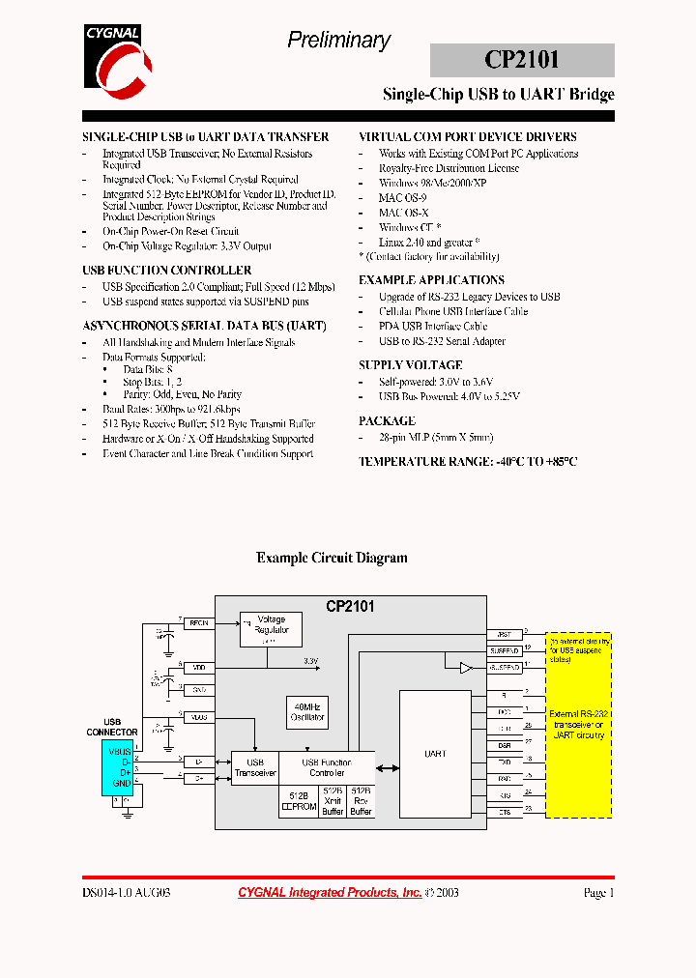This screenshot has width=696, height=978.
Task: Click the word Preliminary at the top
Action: click(338, 40)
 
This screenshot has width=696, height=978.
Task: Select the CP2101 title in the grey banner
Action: click(522, 60)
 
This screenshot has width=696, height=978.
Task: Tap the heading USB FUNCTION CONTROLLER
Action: click(167, 271)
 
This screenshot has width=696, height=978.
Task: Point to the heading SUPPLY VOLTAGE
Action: click(410, 365)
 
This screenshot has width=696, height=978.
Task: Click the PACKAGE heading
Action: click(387, 421)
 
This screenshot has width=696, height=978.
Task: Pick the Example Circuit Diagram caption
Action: click(332, 558)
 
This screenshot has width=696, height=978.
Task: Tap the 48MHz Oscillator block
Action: click(307, 713)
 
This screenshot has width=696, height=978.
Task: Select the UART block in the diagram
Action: click(435, 753)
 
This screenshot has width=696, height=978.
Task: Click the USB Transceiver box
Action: click(255, 768)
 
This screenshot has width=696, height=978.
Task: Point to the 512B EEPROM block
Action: click(298, 800)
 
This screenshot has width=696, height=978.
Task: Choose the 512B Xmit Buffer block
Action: click(332, 800)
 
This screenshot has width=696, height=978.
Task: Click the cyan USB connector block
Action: click(118, 769)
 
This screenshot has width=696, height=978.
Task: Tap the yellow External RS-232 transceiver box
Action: click(577, 725)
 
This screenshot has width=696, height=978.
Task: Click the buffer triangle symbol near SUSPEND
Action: click(465, 668)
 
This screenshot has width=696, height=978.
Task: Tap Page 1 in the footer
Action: click(598, 893)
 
